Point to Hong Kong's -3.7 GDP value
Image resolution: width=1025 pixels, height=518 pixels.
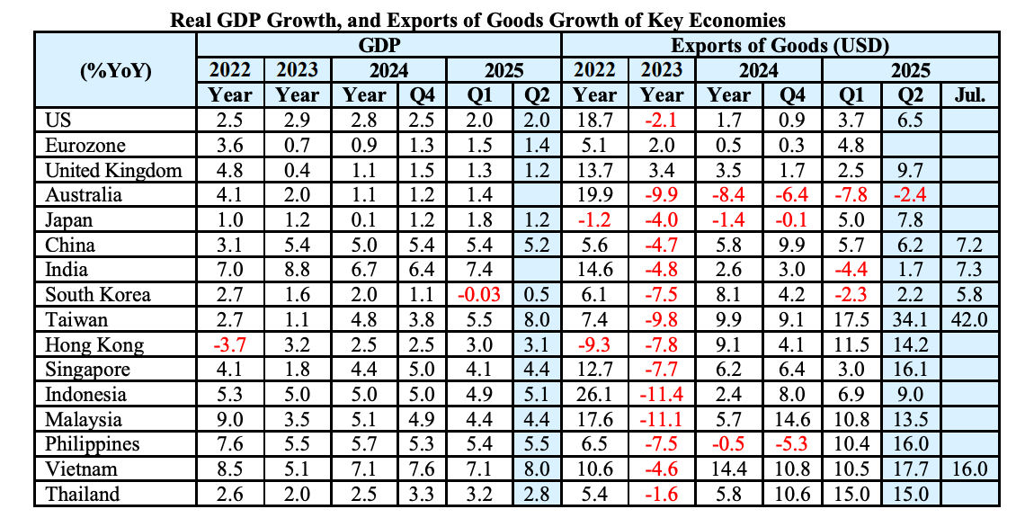[230, 345]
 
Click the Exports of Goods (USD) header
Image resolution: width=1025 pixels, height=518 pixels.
[780, 45]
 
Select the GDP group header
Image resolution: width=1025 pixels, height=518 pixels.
[379, 45]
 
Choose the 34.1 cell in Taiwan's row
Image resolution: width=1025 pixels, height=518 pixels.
[913, 320]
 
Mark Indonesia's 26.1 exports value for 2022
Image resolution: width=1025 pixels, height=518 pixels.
[594, 395]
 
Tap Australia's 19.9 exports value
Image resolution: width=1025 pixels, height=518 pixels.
[594, 195]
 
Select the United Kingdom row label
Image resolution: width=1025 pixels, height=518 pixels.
[112, 171]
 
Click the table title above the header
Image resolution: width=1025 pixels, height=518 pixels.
[477, 19]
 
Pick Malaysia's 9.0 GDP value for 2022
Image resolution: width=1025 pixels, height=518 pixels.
[230, 420]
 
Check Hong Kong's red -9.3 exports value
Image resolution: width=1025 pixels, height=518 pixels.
[594, 345]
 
